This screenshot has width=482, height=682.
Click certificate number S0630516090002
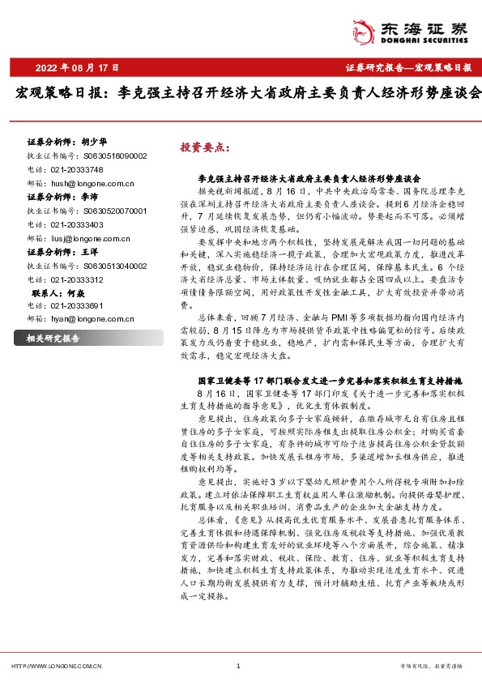[x=114, y=155]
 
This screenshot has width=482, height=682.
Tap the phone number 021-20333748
[x=76, y=168]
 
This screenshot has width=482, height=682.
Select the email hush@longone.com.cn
[x=85, y=182]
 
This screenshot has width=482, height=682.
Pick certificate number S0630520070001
[x=114, y=210]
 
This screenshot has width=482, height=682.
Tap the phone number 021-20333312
[x=76, y=280]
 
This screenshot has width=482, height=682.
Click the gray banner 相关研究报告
[x=53, y=338]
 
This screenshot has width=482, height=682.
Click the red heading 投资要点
[x=205, y=148]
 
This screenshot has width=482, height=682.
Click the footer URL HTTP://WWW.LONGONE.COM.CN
[x=54, y=666]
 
